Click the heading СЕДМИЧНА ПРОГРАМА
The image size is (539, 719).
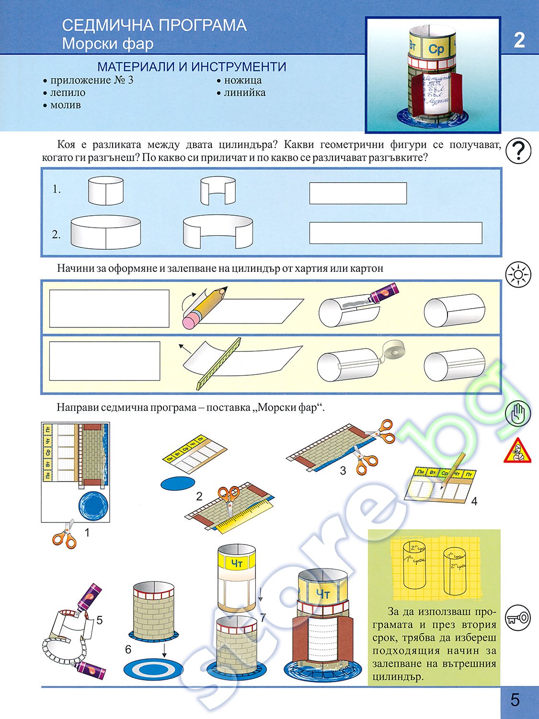click(x=154, y=25)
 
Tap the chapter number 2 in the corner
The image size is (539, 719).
click(x=519, y=40)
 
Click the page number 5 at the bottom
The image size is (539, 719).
click(x=515, y=700)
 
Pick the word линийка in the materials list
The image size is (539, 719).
click(x=244, y=93)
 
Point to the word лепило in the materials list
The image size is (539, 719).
click(x=68, y=93)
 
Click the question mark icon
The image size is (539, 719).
click(x=518, y=151)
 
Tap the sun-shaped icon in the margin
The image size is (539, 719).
click(x=518, y=275)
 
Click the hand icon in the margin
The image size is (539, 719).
click(x=518, y=414)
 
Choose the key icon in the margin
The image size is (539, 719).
click(x=518, y=617)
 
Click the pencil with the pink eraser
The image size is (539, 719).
click(x=204, y=307)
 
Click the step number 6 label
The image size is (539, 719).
click(x=128, y=649)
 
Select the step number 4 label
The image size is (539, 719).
click(x=474, y=501)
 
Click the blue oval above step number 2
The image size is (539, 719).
click(x=178, y=483)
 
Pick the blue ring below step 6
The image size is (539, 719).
click(x=153, y=668)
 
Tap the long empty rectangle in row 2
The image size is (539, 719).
click(x=395, y=233)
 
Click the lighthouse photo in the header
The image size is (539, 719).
click(x=433, y=75)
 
